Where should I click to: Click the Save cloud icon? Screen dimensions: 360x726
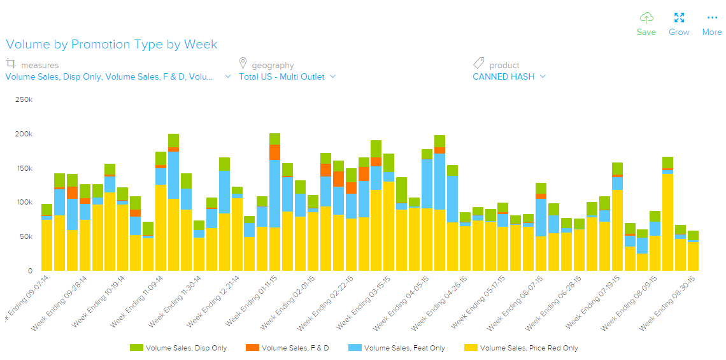(x=646, y=18)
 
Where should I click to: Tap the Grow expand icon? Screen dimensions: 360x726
(x=679, y=18)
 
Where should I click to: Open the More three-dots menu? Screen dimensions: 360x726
(x=712, y=18)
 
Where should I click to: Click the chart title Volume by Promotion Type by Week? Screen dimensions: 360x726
(x=111, y=45)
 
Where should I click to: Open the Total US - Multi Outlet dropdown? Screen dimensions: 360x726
(x=287, y=77)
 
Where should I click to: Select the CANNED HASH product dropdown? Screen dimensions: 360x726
(x=509, y=77)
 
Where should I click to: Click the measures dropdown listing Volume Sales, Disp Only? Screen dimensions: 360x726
(x=118, y=77)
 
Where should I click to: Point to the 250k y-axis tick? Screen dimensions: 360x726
(x=24, y=100)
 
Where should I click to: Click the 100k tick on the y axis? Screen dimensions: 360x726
(x=24, y=203)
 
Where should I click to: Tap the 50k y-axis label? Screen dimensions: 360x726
(x=25, y=237)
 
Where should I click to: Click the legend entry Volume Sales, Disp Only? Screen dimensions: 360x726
(x=178, y=348)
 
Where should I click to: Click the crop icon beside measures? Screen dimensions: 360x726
(x=11, y=64)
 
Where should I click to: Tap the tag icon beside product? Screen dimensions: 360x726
(x=478, y=64)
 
